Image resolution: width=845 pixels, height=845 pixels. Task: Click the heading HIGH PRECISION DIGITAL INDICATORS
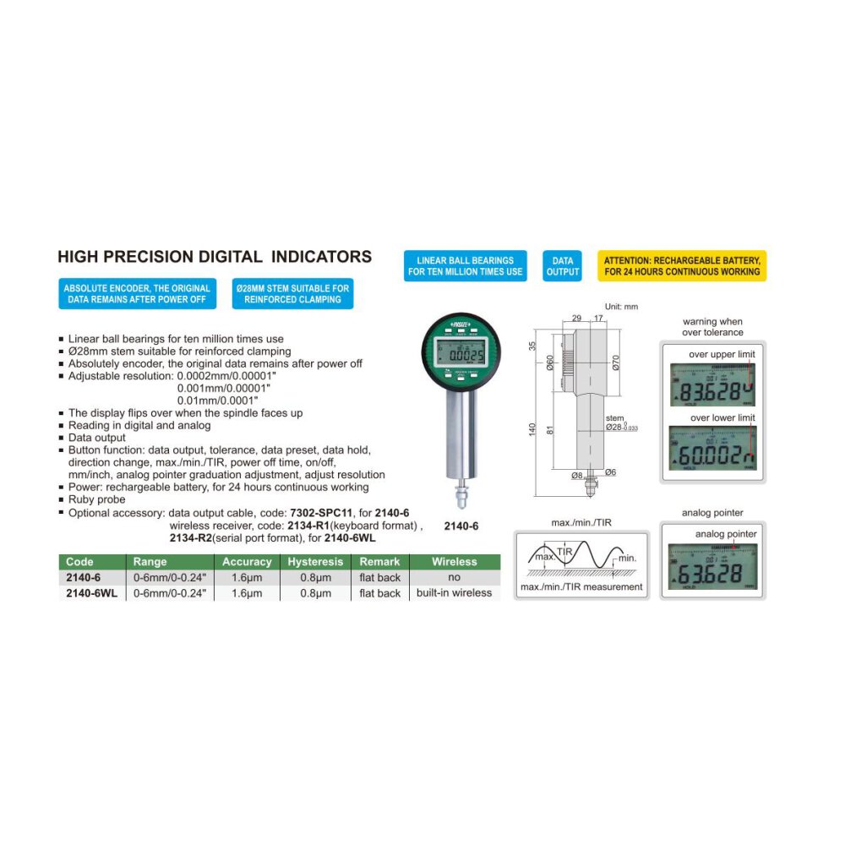click(214, 257)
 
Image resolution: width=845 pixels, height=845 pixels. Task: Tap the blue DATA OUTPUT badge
click(563, 265)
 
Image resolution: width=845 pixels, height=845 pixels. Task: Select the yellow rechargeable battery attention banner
click(681, 265)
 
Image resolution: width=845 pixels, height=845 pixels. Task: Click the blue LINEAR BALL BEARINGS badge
click(466, 265)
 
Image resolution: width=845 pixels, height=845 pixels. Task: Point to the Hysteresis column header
click(315, 562)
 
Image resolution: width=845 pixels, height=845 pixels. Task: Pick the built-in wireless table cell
click(454, 593)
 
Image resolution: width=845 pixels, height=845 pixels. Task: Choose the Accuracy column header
click(247, 562)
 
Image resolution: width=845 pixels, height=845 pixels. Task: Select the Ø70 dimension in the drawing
click(615, 365)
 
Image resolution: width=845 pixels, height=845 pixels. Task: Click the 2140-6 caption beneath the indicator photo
click(461, 526)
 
